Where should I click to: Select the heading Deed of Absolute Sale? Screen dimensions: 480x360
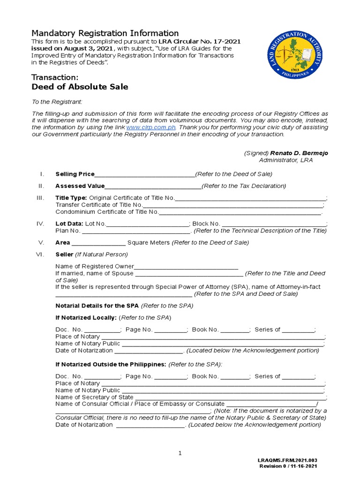click(x=79, y=87)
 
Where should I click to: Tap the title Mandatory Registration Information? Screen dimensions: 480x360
click(x=105, y=33)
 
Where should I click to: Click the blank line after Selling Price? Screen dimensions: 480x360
click(x=144, y=175)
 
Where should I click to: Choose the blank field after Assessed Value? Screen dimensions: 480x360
click(x=153, y=187)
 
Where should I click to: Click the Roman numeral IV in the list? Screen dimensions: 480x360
click(x=40, y=224)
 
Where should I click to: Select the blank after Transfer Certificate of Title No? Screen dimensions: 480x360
click(x=232, y=205)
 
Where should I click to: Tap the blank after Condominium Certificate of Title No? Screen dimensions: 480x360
click(x=240, y=212)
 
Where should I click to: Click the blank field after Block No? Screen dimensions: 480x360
click(x=274, y=224)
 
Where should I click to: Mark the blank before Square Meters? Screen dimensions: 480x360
click(x=98, y=243)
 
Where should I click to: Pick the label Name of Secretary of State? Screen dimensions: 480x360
click(x=88, y=397)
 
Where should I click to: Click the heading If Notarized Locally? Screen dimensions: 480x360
click(x=86, y=317)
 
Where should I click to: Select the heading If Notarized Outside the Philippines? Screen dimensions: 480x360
click(x=111, y=364)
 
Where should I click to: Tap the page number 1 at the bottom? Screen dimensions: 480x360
click(x=180, y=453)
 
